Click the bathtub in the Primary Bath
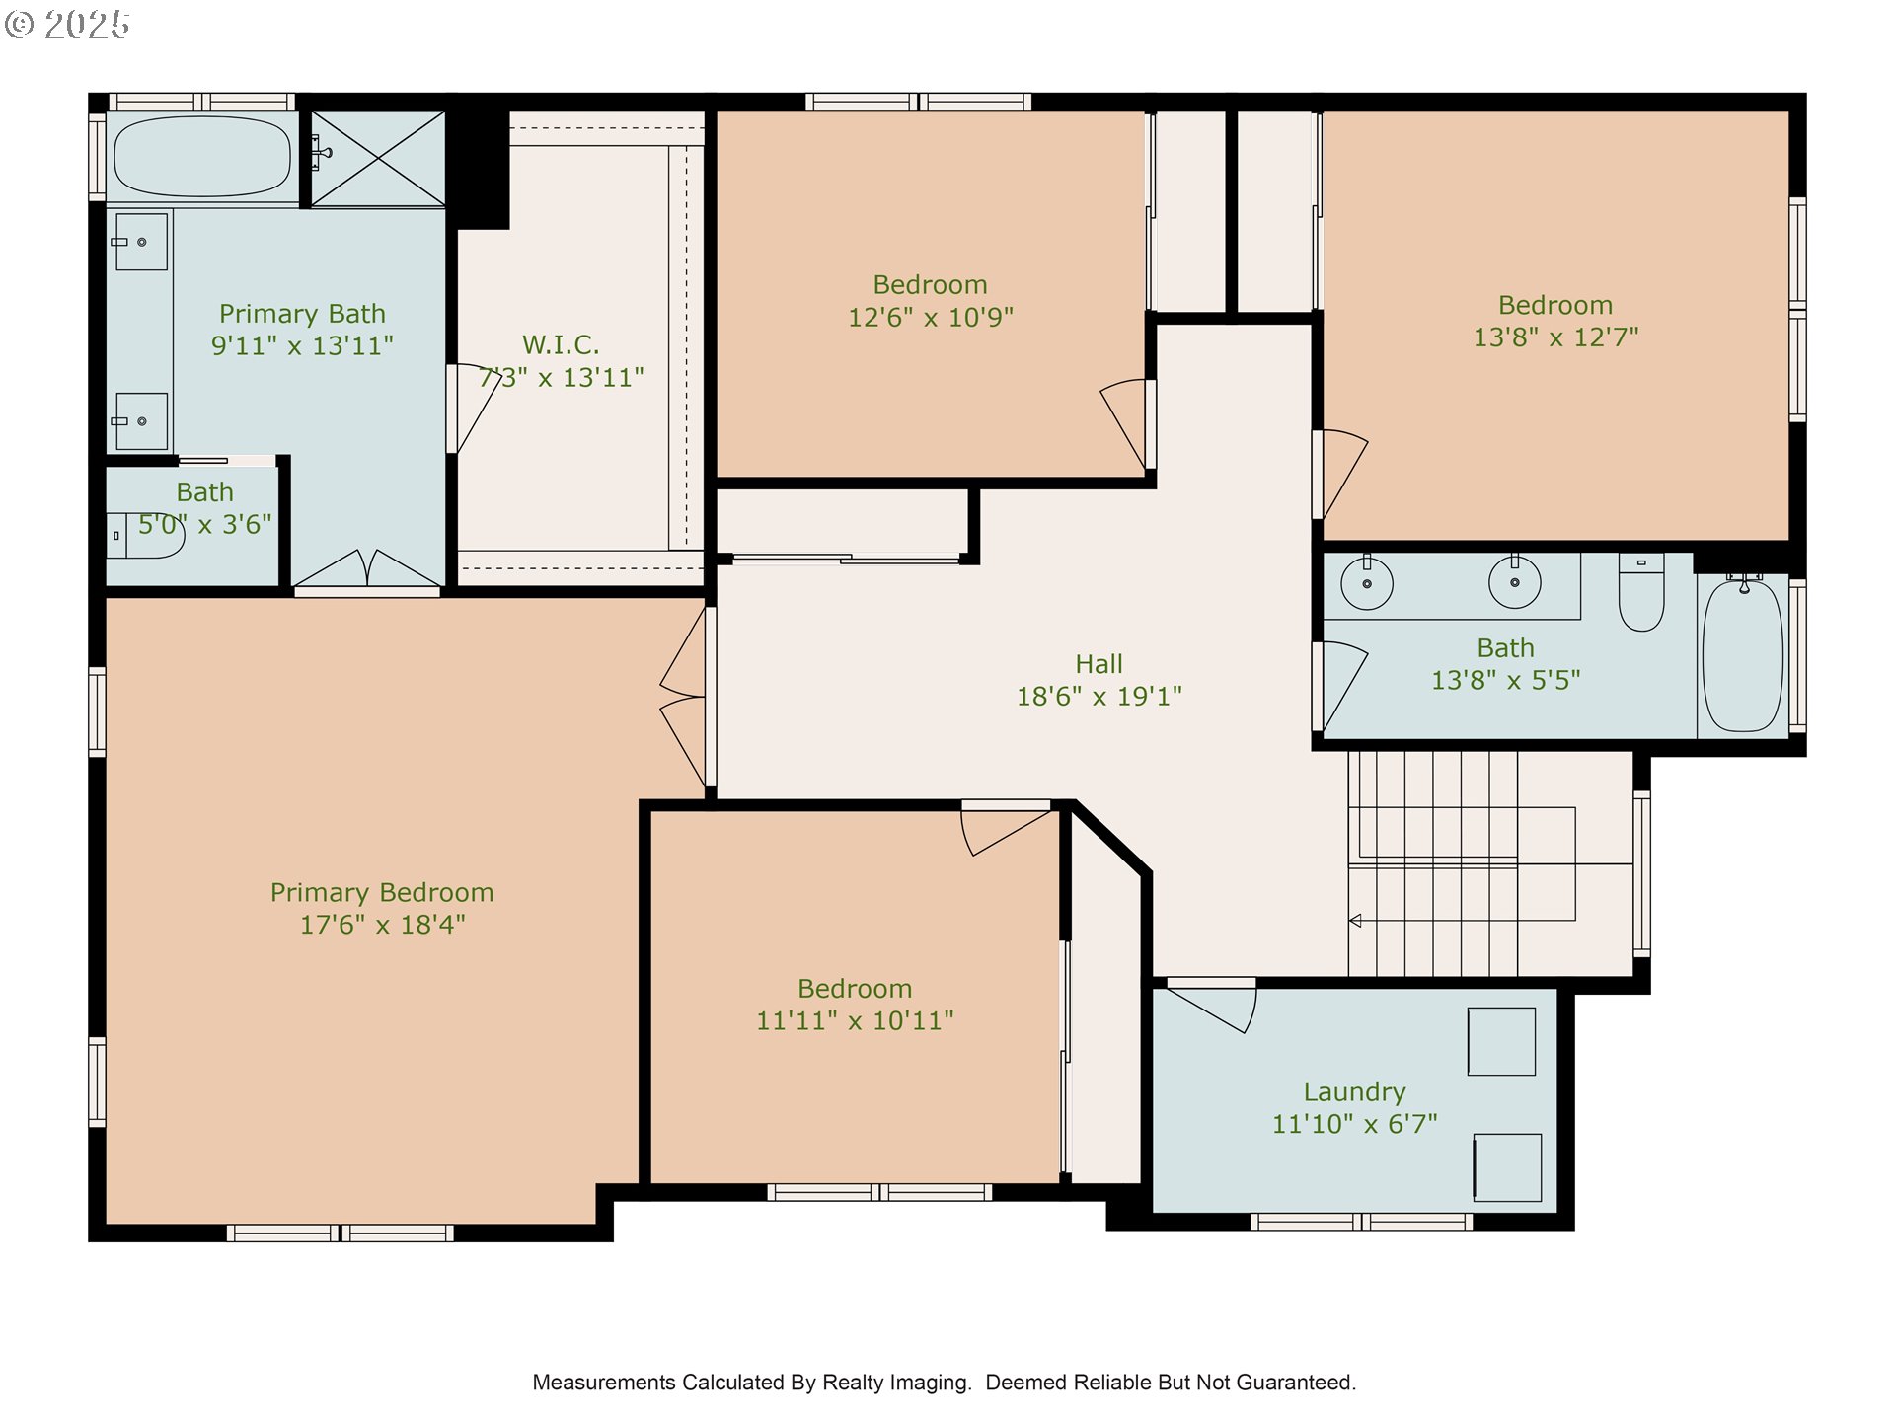click(x=202, y=156)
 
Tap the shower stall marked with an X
click(x=378, y=158)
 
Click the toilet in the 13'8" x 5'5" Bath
click(x=1641, y=591)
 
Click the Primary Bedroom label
click(x=382, y=892)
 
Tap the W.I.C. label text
click(x=561, y=344)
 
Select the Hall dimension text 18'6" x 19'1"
click(x=1099, y=696)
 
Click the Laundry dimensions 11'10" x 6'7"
click(x=1354, y=1123)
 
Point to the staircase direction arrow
click(x=1355, y=921)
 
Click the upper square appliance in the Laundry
click(x=1501, y=1041)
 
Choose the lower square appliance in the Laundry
click(x=1507, y=1167)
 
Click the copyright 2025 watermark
click(x=67, y=25)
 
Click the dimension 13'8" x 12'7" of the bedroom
click(x=1555, y=337)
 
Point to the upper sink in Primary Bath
click(x=141, y=242)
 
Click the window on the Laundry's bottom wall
click(x=1362, y=1222)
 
